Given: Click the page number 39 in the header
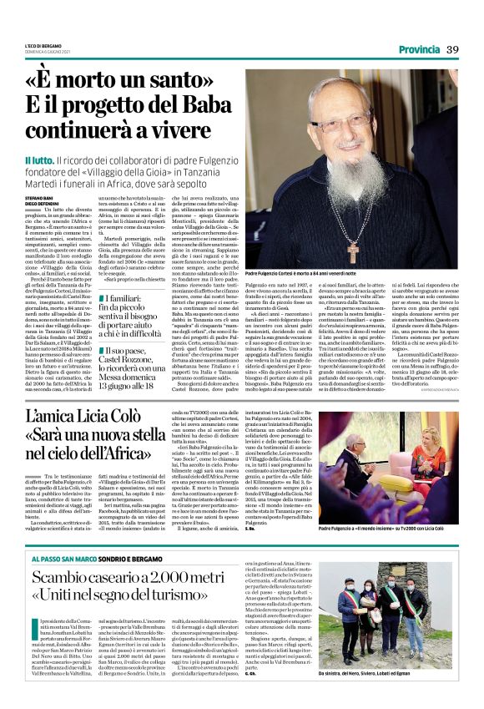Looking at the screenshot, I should click(452, 48).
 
